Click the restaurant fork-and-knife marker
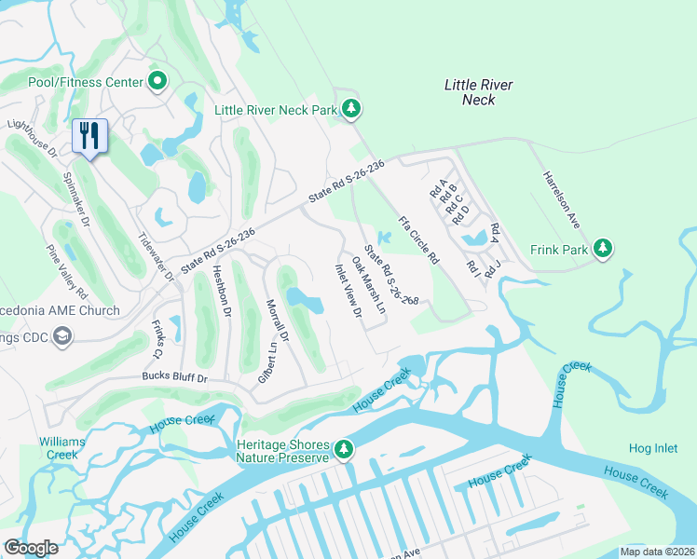tap(89, 136)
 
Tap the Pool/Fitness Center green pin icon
tap(157, 82)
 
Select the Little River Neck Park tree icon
tap(351, 110)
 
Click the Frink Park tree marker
tap(604, 249)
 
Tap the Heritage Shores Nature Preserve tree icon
tap(344, 450)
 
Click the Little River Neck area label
tap(478, 92)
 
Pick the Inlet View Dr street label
tap(348, 291)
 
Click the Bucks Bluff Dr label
tap(173, 378)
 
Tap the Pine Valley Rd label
tap(67, 266)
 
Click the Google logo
tap(31, 548)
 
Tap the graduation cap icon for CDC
tap(62, 336)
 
